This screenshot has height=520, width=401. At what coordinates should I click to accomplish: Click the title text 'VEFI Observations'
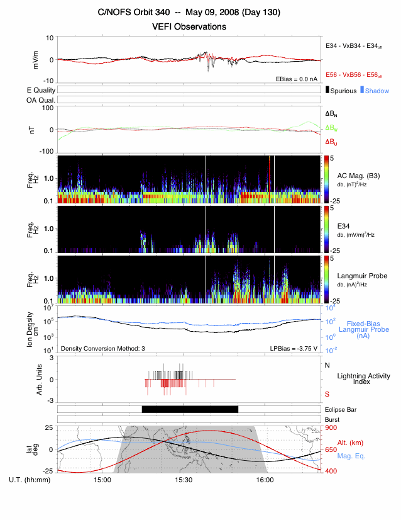coord(189,26)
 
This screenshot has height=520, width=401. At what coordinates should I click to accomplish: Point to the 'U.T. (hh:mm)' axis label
coord(31,480)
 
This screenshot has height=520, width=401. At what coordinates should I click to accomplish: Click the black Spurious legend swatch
coord(328,91)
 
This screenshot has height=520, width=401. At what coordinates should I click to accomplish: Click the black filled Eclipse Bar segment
coord(189,409)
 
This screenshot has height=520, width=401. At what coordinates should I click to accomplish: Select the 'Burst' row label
coord(331,419)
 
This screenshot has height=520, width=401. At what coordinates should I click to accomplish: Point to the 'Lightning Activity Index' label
coord(363,379)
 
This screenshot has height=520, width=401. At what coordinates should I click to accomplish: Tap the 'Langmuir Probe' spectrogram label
coord(363,276)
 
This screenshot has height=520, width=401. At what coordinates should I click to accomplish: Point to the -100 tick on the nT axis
coord(45,152)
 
